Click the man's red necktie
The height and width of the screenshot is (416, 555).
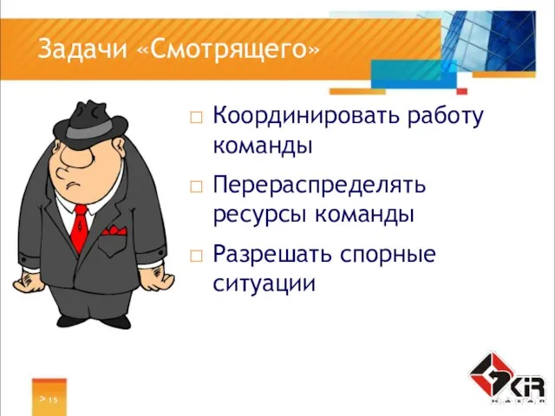80,227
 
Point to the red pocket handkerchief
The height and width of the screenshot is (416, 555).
114,231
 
